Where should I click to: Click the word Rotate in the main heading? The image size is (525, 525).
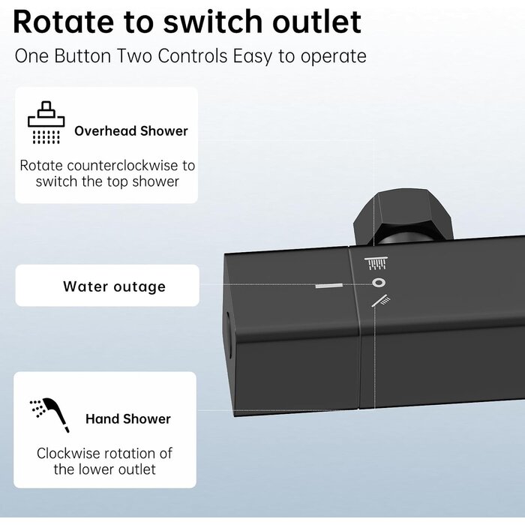tap(64, 22)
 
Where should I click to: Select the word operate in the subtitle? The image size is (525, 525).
tap(333, 57)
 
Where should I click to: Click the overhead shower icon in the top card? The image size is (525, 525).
tap(46, 122)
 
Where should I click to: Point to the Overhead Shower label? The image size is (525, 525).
tap(131, 131)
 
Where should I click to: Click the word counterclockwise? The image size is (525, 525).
tap(122, 166)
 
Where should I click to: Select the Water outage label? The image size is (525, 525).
tap(114, 286)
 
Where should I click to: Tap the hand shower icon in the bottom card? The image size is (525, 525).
tap(50, 415)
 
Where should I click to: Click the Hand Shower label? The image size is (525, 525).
tap(128, 418)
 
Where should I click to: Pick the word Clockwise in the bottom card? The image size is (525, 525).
tap(63, 453)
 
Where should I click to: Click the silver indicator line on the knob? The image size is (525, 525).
tap(328, 286)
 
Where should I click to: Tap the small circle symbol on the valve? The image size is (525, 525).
tap(379, 283)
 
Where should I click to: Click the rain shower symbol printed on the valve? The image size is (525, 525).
tap(376, 263)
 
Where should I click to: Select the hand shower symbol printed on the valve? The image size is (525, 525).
tap(381, 301)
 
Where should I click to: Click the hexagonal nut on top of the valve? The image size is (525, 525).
tap(403, 216)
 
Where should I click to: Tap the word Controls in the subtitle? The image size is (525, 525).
tap(193, 56)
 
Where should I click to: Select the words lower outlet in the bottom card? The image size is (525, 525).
tap(118, 469)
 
